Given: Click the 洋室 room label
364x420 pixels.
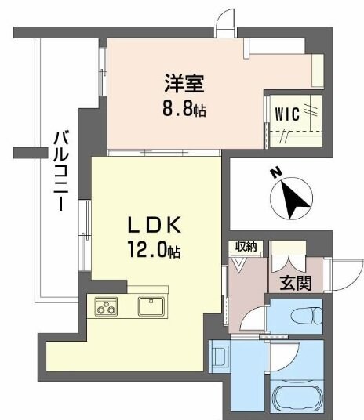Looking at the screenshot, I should tap(182, 81).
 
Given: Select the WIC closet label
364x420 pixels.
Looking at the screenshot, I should tap(286, 114).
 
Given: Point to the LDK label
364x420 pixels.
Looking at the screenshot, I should tap(155, 226).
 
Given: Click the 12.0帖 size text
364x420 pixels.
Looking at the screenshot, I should tap(155, 252).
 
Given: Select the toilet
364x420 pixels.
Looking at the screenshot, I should tap(305, 317).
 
